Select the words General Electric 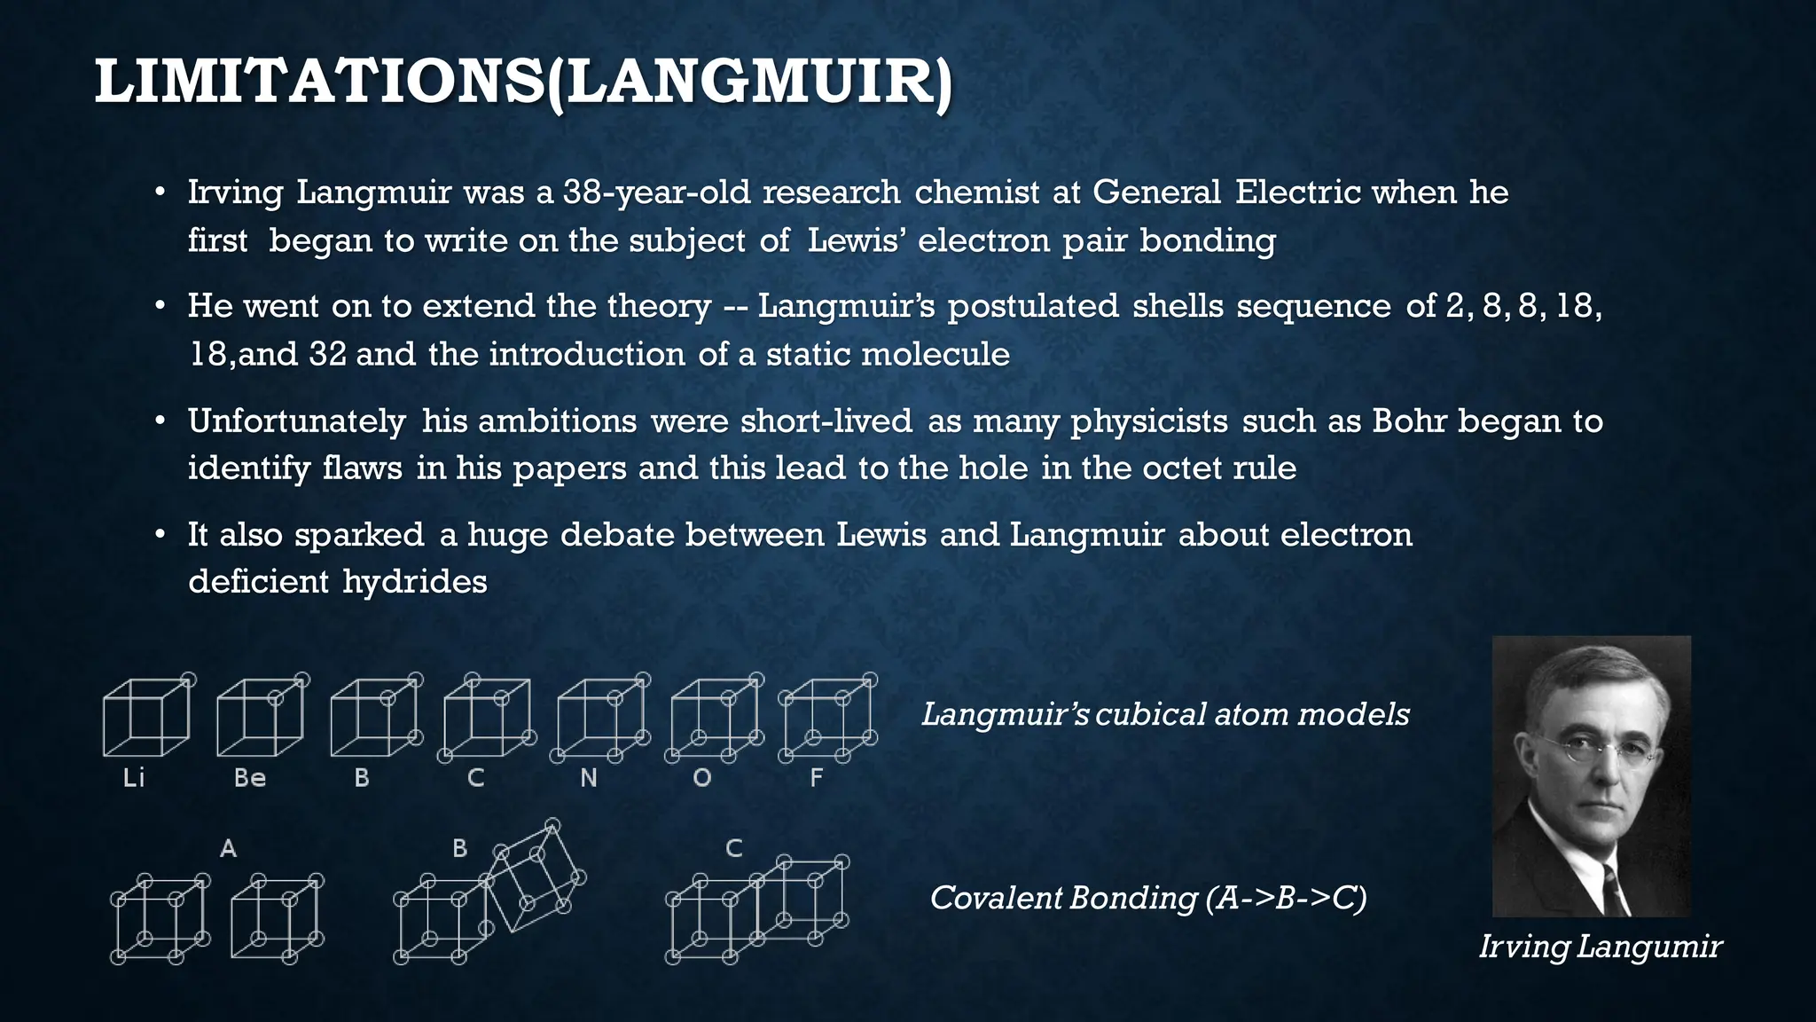pyautogui.click(x=1226, y=193)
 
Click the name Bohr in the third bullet pyautogui.click(x=1410, y=421)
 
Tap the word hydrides pyautogui.click(x=415, y=582)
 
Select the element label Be pyautogui.click(x=250, y=778)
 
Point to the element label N pyautogui.click(x=589, y=778)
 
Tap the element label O pyautogui.click(x=702, y=778)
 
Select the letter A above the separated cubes pyautogui.click(x=228, y=849)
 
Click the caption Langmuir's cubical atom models pyautogui.click(x=1165, y=714)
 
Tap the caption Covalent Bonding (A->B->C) pyautogui.click(x=1148, y=899)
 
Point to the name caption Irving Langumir pyautogui.click(x=1601, y=947)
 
